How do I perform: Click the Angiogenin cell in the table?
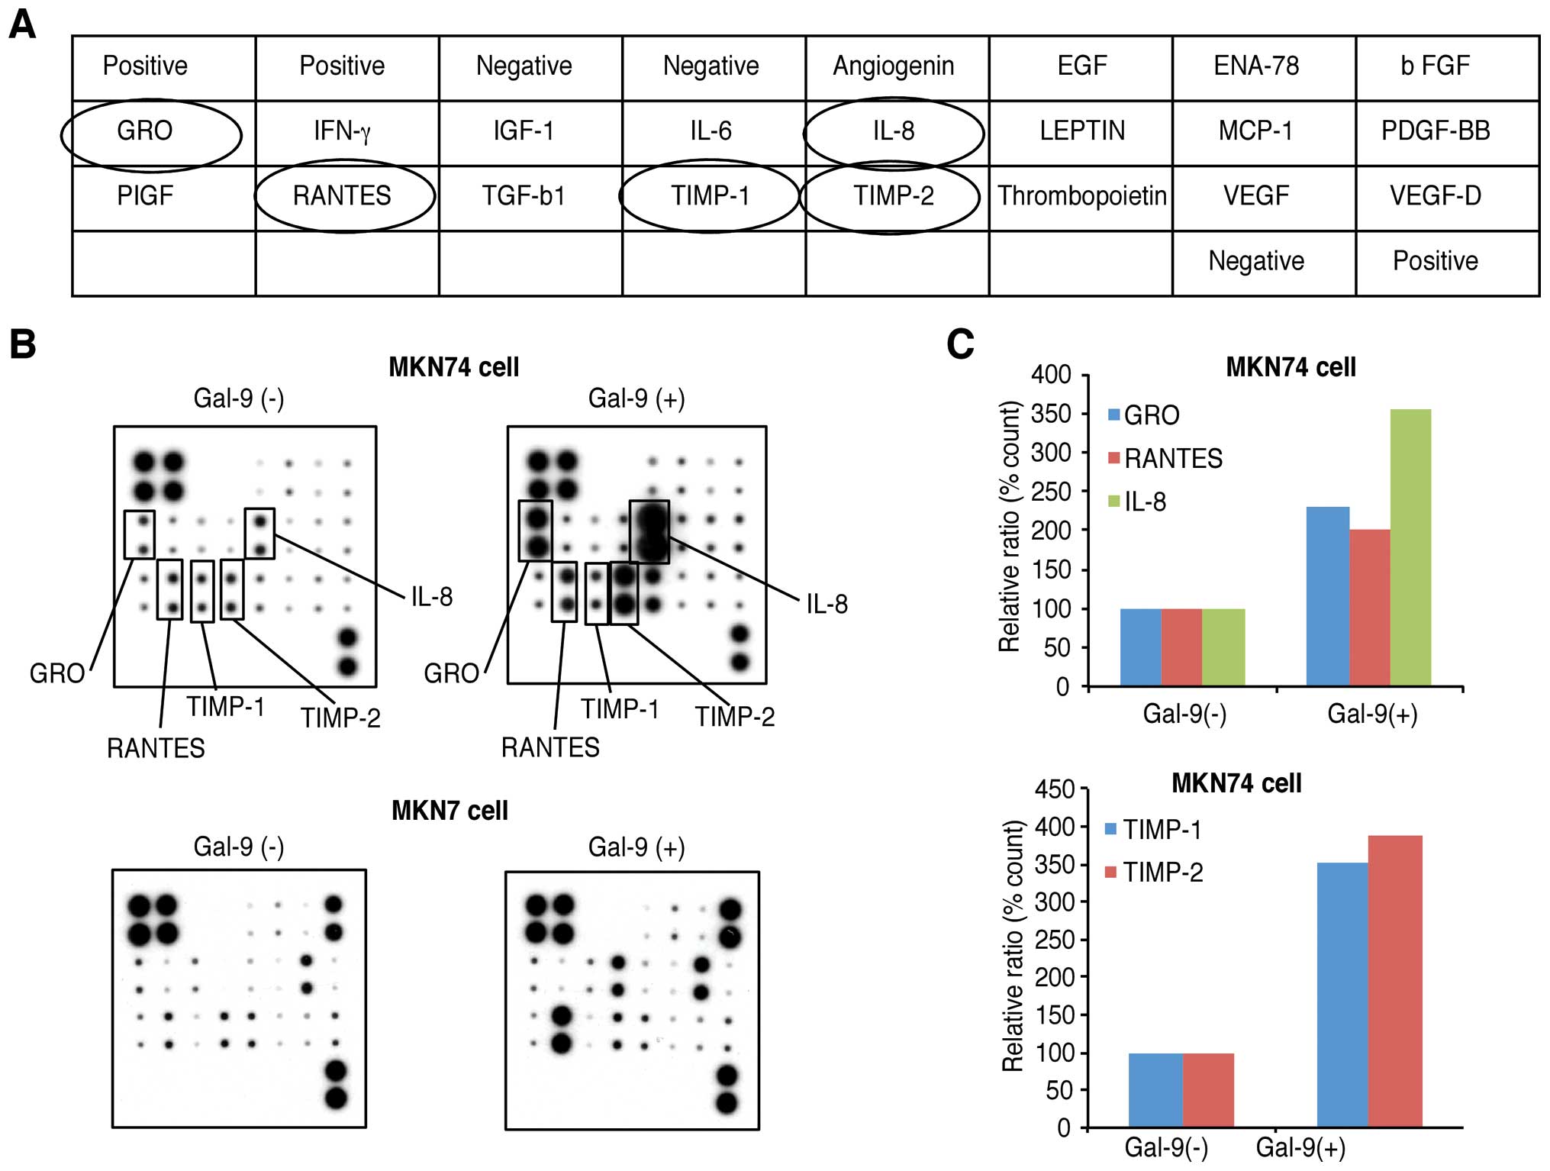(893, 66)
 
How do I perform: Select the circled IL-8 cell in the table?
(893, 131)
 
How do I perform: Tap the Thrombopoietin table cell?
(1081, 196)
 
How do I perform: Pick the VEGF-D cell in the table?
(1435, 196)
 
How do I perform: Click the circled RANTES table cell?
(342, 196)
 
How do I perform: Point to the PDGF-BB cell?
(1435, 131)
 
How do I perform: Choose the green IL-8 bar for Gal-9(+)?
(1410, 547)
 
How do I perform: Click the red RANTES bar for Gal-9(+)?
(1369, 608)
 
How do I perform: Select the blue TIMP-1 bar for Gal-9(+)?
(1342, 994)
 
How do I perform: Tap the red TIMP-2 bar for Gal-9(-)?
(1208, 1089)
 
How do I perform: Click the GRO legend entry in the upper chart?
(1144, 415)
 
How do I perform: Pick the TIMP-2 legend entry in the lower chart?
(1154, 872)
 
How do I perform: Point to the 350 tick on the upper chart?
(1051, 414)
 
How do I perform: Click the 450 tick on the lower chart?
(1054, 789)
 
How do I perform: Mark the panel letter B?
(23, 344)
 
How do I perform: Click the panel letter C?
(959, 344)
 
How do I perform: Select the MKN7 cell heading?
(450, 810)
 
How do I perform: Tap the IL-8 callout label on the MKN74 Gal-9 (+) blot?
(827, 605)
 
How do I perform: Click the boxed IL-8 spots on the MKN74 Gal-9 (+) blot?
(649, 532)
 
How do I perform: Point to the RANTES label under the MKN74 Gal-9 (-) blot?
(156, 748)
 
